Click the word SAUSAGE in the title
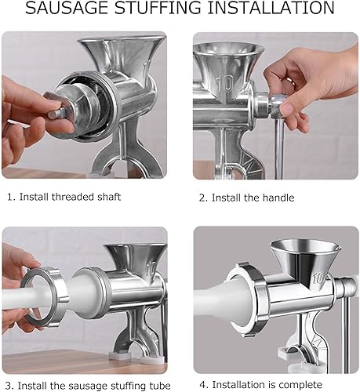coord(67,8)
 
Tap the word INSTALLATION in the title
coord(271,8)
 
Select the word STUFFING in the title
coord(158,8)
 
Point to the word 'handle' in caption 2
coord(278,198)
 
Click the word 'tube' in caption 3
coord(159,386)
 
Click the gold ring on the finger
coord(291,81)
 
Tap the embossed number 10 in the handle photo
coord(225,84)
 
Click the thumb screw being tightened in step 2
coord(278,107)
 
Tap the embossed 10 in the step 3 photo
coord(151,270)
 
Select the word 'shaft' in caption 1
coord(109,197)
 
